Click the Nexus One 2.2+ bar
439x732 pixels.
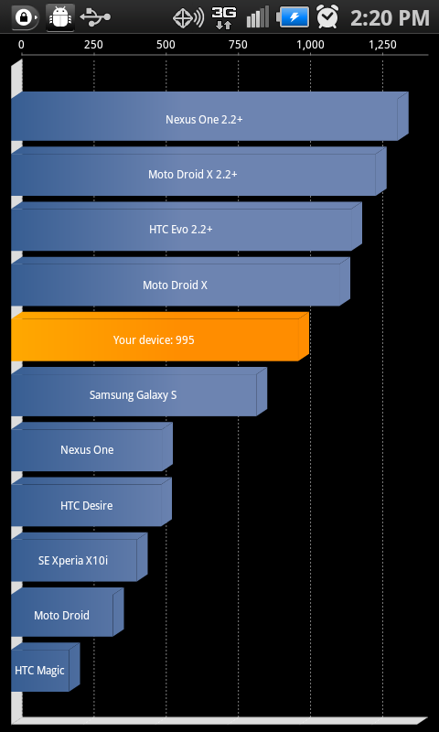click(209, 116)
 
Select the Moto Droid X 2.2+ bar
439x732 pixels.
click(198, 171)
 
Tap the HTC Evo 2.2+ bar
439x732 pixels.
click(187, 226)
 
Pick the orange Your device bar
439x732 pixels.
click(160, 337)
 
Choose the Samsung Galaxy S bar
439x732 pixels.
click(139, 392)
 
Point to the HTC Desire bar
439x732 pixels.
click(91, 501)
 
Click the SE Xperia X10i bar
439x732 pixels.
click(80, 557)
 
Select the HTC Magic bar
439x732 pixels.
click(45, 667)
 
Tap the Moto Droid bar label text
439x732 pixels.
click(61, 615)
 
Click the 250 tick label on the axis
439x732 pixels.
click(93, 45)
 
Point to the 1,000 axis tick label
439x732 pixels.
click(310, 45)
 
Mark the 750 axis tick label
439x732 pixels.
click(238, 45)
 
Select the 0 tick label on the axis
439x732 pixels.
click(21, 45)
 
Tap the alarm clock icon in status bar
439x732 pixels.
click(327, 16)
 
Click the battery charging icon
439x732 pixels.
click(293, 17)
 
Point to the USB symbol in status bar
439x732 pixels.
click(95, 16)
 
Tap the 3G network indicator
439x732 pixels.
click(224, 17)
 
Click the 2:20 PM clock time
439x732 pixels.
click(390, 17)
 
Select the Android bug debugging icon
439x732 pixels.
click(60, 17)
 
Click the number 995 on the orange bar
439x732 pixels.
click(186, 339)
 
